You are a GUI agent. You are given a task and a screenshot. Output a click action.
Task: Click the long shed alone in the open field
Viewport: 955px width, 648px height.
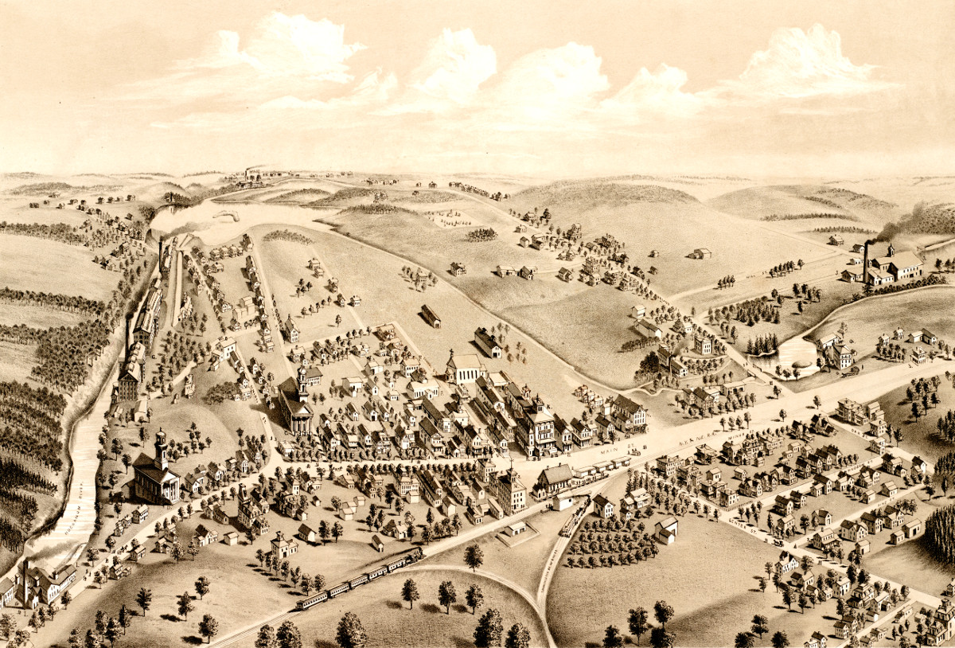(x=431, y=316)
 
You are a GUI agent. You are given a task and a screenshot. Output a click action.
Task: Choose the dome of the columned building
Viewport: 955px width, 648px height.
(x=302, y=373)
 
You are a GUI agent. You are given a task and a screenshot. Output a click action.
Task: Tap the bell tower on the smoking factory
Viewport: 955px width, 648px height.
(x=891, y=249)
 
